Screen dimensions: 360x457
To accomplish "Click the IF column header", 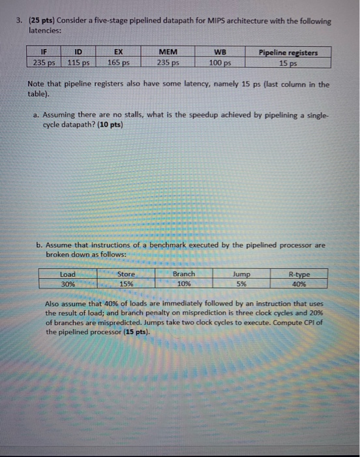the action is point(44,52).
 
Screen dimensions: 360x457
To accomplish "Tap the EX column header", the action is point(118,52).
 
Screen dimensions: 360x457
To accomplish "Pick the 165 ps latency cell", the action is point(118,63).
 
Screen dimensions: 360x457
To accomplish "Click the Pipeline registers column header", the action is point(288,52).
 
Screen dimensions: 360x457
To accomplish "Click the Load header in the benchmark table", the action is point(68,275).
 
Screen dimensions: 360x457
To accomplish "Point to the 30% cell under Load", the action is point(68,285).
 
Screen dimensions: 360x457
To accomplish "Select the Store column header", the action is point(126,275).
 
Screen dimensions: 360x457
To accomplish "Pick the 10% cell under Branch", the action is point(183,285).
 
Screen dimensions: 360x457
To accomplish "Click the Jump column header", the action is point(241,275).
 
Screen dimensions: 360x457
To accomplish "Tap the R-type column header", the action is point(299,275).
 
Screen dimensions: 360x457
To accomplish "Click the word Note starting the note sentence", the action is point(38,85).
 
